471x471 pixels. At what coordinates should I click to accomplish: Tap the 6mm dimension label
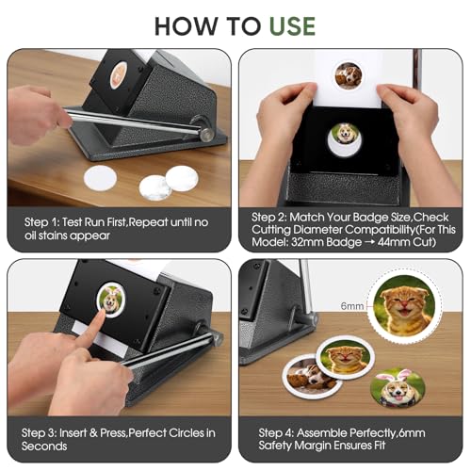pyautogui.click(x=352, y=305)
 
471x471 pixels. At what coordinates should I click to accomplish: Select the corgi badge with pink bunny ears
pyautogui.click(x=398, y=388)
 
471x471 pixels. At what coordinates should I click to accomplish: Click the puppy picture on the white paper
pyautogui.click(x=349, y=75)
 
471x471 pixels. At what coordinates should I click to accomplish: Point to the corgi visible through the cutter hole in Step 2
pyautogui.click(x=344, y=135)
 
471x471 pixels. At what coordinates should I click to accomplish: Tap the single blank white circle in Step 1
pyautogui.click(x=100, y=178)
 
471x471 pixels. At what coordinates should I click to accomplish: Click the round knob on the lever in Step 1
pyautogui.click(x=207, y=134)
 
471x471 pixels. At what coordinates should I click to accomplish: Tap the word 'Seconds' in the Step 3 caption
pyautogui.click(x=44, y=446)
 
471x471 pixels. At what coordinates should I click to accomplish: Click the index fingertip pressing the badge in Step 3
pyautogui.click(x=101, y=314)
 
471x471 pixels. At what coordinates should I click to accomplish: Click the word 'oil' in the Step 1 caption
pyautogui.click(x=31, y=235)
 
